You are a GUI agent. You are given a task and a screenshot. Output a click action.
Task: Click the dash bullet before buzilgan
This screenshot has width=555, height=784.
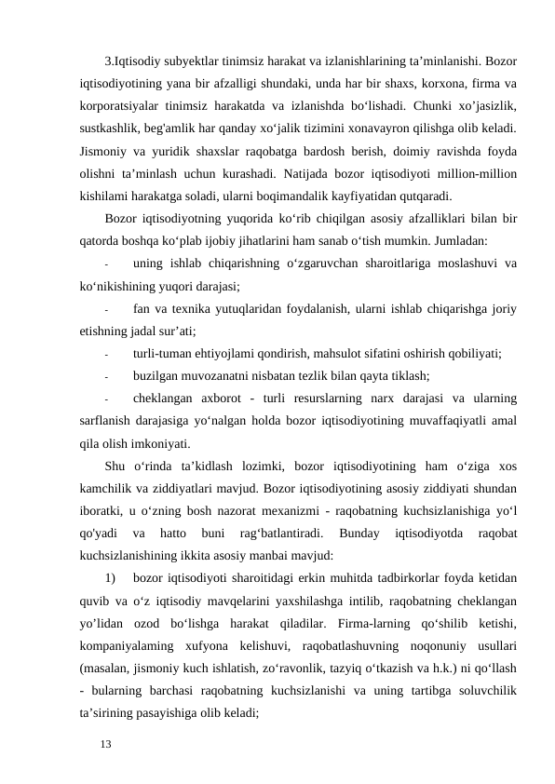point(108,377)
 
